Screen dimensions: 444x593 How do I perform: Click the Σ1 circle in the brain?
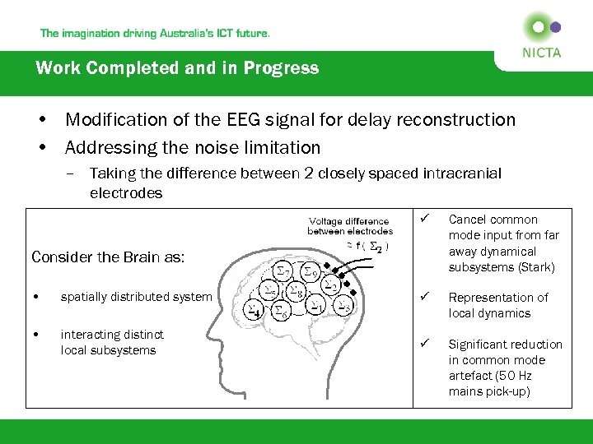[x=316, y=304]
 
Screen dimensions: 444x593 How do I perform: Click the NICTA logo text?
[x=541, y=53]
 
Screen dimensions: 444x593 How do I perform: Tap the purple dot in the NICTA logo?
[x=556, y=27]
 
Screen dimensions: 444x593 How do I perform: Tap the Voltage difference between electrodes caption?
[x=350, y=226]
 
